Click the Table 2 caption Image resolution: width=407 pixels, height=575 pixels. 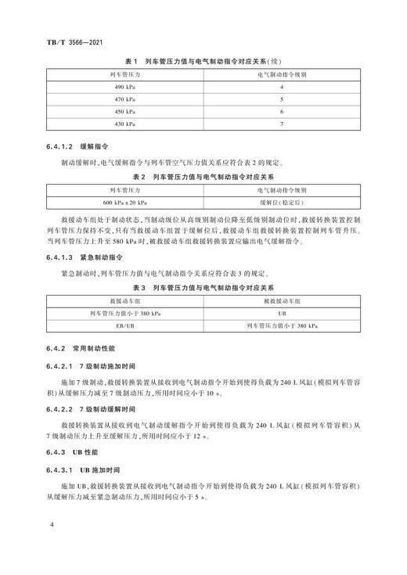pos(203,176)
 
